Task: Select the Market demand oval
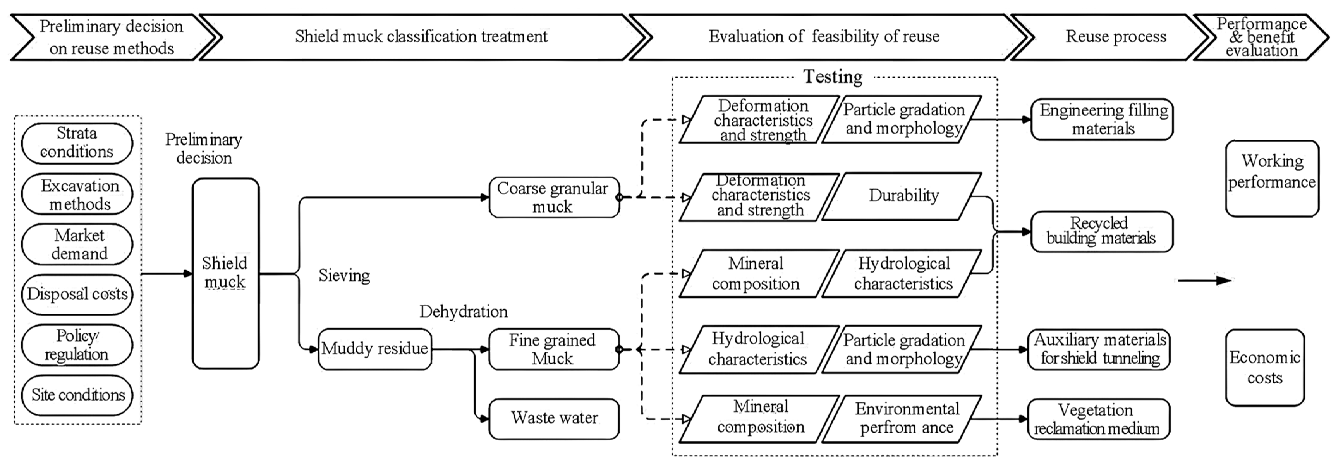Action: (77, 244)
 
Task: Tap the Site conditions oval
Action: (77, 395)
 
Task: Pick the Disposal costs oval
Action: (77, 294)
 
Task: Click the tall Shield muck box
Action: (225, 273)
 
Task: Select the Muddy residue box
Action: (374, 349)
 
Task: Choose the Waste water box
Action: (554, 418)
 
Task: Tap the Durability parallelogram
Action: (903, 196)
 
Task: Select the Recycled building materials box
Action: (1101, 232)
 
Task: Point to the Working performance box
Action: (1272, 178)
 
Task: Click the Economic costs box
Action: (1264, 367)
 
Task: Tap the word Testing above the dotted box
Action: (833, 77)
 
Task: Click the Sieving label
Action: (344, 275)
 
